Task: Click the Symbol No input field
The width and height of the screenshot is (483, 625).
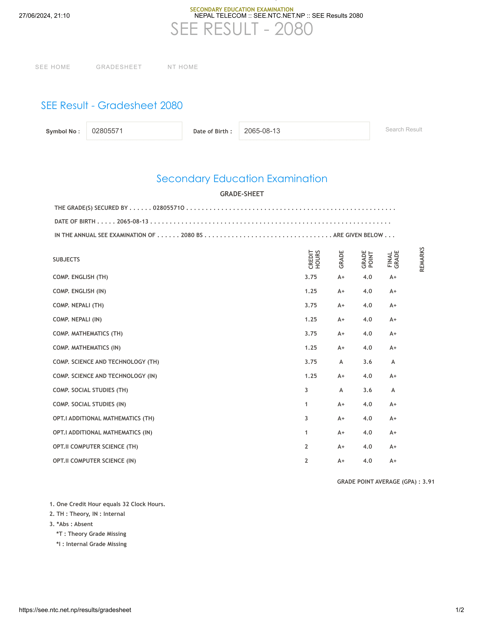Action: [134, 131]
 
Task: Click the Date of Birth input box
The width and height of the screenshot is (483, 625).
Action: [304, 131]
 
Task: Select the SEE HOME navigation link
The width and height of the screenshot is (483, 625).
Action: [53, 67]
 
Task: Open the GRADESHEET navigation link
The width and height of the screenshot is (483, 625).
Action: [119, 67]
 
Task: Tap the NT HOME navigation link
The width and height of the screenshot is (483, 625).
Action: [183, 67]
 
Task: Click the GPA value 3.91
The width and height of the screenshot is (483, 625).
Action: [428, 482]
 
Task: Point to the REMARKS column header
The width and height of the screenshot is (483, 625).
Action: [422, 259]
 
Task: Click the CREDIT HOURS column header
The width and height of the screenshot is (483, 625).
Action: [314, 259]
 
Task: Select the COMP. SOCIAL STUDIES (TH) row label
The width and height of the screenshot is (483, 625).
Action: [90, 390]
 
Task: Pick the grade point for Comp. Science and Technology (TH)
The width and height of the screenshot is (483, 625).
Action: [367, 362]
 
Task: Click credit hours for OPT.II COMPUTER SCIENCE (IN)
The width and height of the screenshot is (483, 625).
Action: [306, 461]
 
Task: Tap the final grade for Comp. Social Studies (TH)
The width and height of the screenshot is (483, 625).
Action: [393, 390]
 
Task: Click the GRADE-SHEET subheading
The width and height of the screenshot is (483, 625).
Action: [242, 194]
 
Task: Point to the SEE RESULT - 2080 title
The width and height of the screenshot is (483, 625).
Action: [241, 29]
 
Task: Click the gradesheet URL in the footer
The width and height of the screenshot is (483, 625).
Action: [75, 610]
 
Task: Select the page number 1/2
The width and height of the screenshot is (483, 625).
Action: [459, 610]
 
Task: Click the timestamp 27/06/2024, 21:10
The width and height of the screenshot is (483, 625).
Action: [44, 16]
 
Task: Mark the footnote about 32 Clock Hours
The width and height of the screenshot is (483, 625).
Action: [108, 504]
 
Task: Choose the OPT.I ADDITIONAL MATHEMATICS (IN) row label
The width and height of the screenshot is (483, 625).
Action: [103, 432]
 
